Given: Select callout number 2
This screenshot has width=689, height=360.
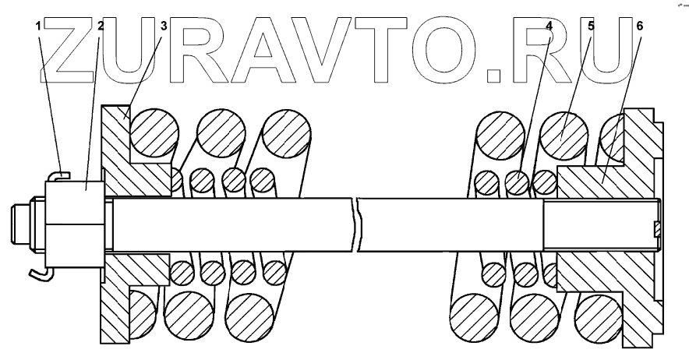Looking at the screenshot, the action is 101,26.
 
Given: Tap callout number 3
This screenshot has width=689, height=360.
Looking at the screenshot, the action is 163,26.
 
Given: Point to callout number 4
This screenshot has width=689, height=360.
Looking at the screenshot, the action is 549,25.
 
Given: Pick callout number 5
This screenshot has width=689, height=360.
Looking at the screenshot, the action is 591,25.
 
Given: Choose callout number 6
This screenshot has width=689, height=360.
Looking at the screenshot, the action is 639,25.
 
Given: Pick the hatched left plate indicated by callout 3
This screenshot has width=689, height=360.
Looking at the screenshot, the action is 117,164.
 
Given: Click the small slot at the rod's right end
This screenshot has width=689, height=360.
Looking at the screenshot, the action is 657,228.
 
